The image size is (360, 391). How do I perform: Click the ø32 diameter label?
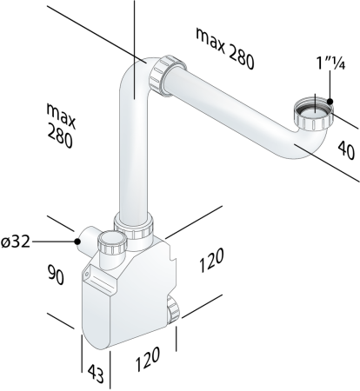[16, 242]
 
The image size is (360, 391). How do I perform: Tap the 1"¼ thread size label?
[330, 63]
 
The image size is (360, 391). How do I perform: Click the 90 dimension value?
[56, 275]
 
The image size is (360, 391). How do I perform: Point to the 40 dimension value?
[346, 149]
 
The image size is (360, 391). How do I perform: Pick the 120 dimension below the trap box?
[148, 359]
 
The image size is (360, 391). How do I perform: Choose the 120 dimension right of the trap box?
[211, 260]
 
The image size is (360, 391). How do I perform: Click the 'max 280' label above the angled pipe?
[225, 48]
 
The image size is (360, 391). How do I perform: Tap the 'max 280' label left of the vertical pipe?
[61, 126]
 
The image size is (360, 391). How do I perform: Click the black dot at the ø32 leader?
[77, 241]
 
